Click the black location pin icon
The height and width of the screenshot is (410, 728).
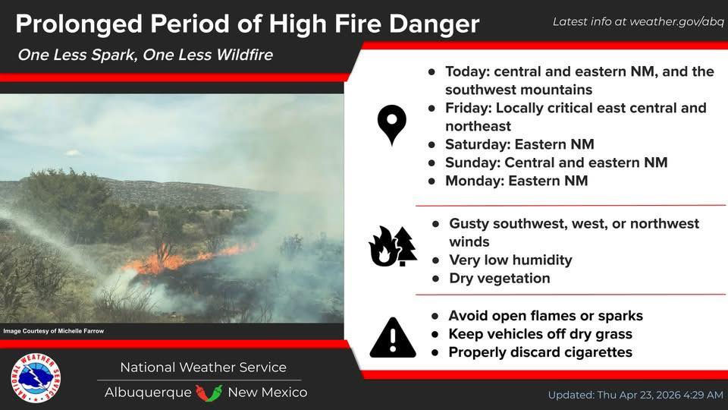pyautogui.click(x=392, y=125)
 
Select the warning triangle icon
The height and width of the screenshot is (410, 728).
pyautogui.click(x=392, y=337)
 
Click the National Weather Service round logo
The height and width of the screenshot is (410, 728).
pyautogui.click(x=36, y=378)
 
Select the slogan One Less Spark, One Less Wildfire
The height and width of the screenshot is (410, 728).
pyautogui.click(x=146, y=55)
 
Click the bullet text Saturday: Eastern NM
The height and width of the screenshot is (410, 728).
pyautogui.click(x=519, y=144)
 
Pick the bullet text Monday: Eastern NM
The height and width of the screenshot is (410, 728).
pyautogui.click(x=516, y=181)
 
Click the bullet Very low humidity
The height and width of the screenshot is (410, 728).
pyautogui.click(x=510, y=260)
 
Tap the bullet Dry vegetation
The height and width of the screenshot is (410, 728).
pyautogui.click(x=500, y=278)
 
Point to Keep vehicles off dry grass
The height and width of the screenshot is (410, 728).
pyautogui.click(x=540, y=334)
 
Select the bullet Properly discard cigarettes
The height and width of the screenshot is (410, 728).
pyautogui.click(x=540, y=352)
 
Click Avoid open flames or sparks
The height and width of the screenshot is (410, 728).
pyautogui.click(x=545, y=316)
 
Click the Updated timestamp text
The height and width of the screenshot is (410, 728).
pyautogui.click(x=635, y=395)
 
